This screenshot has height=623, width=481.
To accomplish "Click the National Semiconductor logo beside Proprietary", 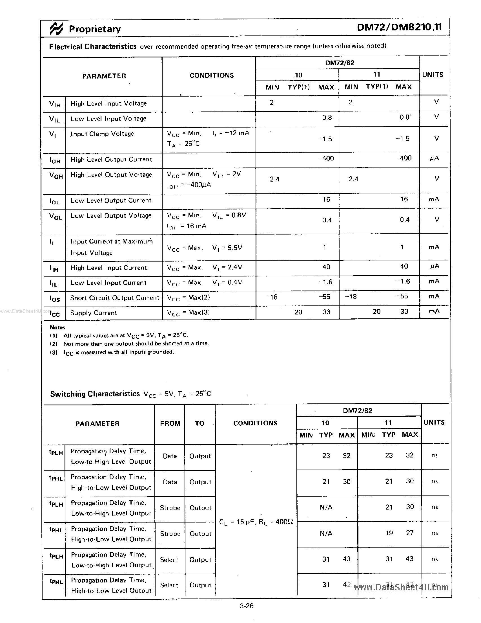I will tap(56, 29).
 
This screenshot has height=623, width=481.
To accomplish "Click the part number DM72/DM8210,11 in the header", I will tap(399, 27).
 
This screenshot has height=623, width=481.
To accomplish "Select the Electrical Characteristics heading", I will tap(92, 46).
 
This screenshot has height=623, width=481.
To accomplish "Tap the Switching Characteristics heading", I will tap(95, 394).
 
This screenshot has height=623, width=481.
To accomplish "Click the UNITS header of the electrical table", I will tap(433, 75).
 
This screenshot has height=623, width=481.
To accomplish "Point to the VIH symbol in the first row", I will tap(55, 104).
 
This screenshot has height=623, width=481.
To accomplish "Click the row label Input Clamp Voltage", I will tap(102, 134).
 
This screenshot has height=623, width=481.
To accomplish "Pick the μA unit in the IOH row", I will tap(434, 158).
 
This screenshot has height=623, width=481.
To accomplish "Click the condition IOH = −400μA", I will tap(189, 185).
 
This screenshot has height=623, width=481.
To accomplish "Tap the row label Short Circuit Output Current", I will tap(114, 298).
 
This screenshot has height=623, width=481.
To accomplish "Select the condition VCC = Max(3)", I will tap(188, 313).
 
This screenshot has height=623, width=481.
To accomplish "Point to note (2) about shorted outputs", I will tap(136, 344).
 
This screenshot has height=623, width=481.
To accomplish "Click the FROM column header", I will tap(170, 423).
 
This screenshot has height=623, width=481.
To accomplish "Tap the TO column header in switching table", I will tap(200, 423).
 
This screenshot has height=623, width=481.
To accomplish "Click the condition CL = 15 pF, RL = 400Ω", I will tap(256, 522).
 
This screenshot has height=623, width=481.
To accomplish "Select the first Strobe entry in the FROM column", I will tap(170, 508).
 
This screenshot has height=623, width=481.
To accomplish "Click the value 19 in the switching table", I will tap(389, 533).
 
